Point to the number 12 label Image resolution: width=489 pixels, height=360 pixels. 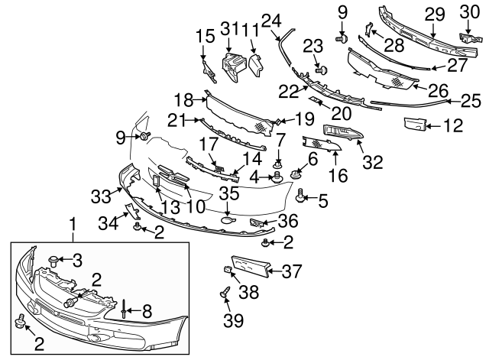click(452, 125)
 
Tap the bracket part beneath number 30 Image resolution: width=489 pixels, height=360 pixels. click(465, 37)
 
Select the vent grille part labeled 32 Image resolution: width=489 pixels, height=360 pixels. click(344, 135)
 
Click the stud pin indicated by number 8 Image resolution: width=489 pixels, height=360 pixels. click(124, 309)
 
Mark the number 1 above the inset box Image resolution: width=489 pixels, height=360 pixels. click(73, 225)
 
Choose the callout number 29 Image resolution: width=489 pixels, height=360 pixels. click(434, 13)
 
